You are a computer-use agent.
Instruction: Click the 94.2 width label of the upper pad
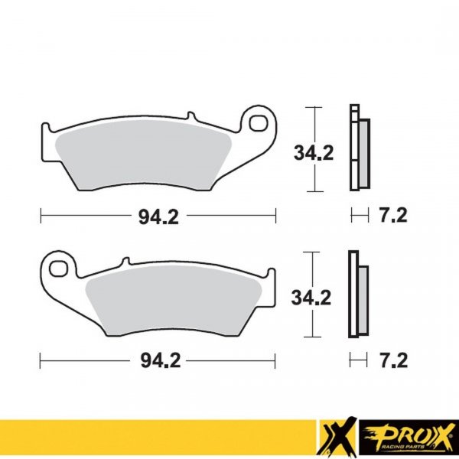pyautogui.click(x=158, y=216)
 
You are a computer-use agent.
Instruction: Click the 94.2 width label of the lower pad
pyautogui.click(x=158, y=359)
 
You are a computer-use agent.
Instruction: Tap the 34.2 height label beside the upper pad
pyautogui.click(x=314, y=153)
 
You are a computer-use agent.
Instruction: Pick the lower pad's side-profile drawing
pyautogui.click(x=357, y=295)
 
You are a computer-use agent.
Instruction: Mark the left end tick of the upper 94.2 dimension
pyautogui.click(x=40, y=216)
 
